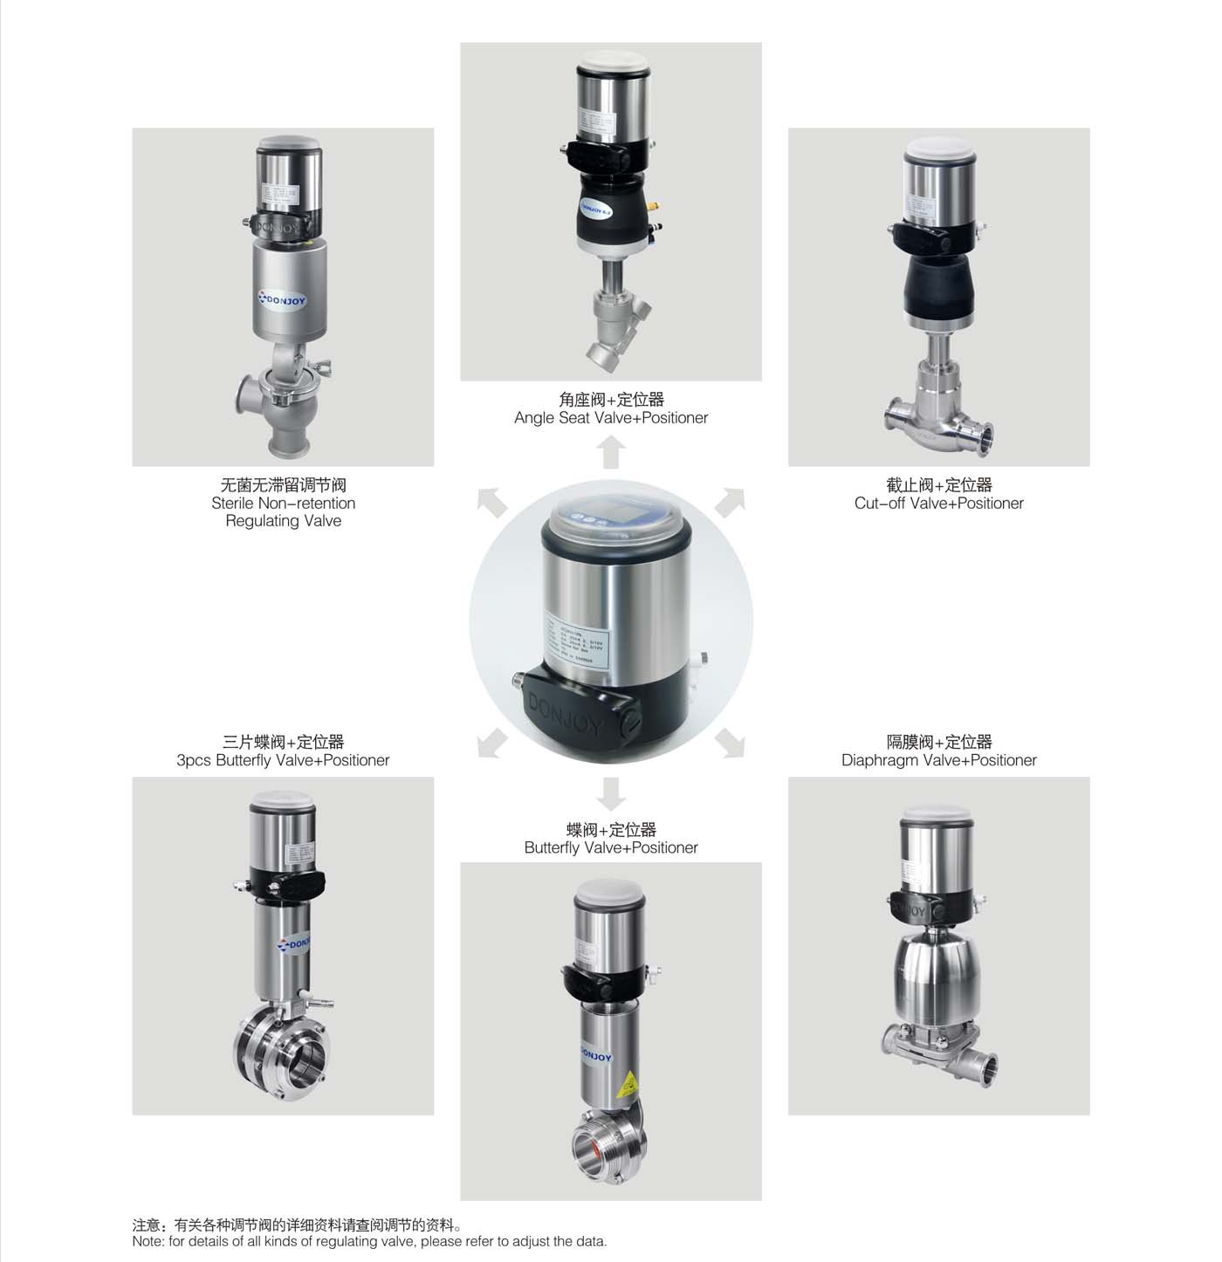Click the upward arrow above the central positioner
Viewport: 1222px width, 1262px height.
[611, 452]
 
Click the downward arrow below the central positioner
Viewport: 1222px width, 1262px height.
[611, 793]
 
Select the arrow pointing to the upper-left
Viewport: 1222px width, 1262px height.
[491, 503]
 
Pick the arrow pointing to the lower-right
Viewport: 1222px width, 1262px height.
[730, 743]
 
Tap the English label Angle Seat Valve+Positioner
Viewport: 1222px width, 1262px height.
[611, 418]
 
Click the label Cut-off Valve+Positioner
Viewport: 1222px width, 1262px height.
[938, 504]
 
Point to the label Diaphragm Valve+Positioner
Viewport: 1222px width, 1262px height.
[938, 760]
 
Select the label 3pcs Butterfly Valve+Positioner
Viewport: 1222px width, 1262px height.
[283, 760]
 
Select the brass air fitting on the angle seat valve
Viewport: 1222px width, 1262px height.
[656, 209]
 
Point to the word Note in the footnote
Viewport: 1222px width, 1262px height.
[148, 1242]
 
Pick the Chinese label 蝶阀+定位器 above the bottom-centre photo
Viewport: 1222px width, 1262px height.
[611, 830]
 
